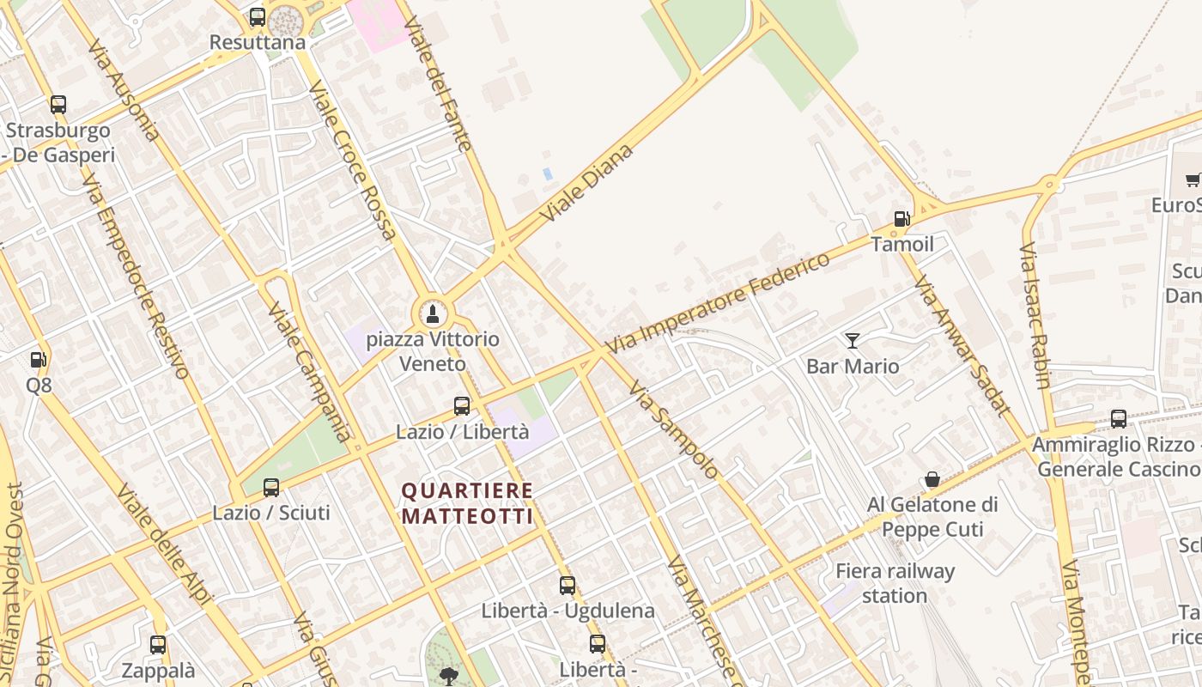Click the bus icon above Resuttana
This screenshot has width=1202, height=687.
pyautogui.click(x=258, y=17)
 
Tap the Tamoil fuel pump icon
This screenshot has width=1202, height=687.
pyautogui.click(x=901, y=219)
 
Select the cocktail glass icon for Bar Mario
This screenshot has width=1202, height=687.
pyautogui.click(x=852, y=341)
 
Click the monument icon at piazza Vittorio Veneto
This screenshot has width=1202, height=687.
pyautogui.click(x=432, y=313)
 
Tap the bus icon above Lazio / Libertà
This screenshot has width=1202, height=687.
pyautogui.click(x=462, y=406)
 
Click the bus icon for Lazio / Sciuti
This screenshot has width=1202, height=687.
pyautogui.click(x=271, y=488)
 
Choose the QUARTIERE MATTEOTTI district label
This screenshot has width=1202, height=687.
pyautogui.click(x=468, y=504)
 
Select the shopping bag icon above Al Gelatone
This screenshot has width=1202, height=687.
pyautogui.click(x=932, y=479)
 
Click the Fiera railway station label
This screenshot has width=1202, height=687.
pyautogui.click(x=895, y=583)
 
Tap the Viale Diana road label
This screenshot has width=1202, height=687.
pyautogui.click(x=588, y=184)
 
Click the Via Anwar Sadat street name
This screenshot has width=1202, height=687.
pyautogui.click(x=962, y=345)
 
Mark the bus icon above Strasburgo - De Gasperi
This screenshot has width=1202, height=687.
pyautogui.click(x=58, y=105)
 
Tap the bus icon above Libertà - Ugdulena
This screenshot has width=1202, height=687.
pyautogui.click(x=568, y=586)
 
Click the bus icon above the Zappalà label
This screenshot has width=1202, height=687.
pyautogui.click(x=158, y=645)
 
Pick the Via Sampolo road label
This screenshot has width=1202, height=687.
pyautogui.click(x=672, y=429)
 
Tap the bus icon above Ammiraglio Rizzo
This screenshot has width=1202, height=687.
pyautogui.click(x=1119, y=419)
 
